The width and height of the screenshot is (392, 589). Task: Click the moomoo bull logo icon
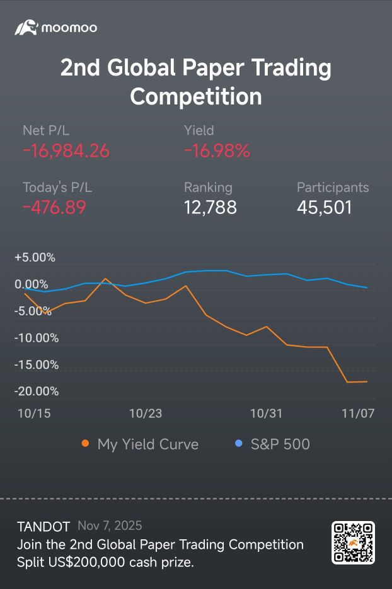[26, 28]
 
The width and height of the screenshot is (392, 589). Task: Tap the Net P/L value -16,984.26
[66, 151]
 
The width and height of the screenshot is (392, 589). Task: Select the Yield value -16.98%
[217, 151]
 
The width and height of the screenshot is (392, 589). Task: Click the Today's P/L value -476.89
[55, 208]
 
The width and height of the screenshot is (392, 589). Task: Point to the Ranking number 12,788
[210, 208]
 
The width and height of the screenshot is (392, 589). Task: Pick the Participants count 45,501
[325, 208]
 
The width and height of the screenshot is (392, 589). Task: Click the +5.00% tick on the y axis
[35, 257]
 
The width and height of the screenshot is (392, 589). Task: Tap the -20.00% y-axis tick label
[37, 391]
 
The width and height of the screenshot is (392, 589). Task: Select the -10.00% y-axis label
[37, 338]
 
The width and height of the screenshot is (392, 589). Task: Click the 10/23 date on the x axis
[146, 413]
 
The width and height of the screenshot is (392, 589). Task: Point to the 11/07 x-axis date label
[358, 413]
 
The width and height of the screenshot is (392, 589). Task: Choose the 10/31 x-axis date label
[267, 413]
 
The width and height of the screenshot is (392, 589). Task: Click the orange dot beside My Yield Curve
[86, 443]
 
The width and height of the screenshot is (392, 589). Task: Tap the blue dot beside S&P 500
[238, 443]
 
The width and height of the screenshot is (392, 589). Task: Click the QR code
[353, 542]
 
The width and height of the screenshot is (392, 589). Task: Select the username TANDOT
[43, 527]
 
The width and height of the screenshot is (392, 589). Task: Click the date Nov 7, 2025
[110, 525]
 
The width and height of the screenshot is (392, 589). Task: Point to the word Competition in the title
[196, 96]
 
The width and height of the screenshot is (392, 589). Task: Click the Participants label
[333, 188]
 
